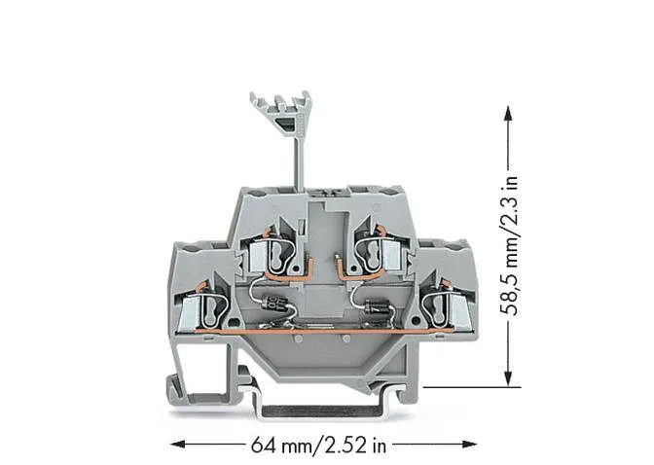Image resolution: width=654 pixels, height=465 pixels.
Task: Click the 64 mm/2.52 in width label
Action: click(318, 445)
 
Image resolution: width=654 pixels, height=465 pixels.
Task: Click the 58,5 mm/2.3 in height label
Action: click(509, 246)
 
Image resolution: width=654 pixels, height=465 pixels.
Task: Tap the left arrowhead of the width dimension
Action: click(178, 445)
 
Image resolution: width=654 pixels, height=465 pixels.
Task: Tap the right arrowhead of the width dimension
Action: click(470, 445)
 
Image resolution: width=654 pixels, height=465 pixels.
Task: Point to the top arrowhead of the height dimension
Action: click(508, 113)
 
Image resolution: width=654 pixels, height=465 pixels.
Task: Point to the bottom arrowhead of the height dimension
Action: click(508, 379)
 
